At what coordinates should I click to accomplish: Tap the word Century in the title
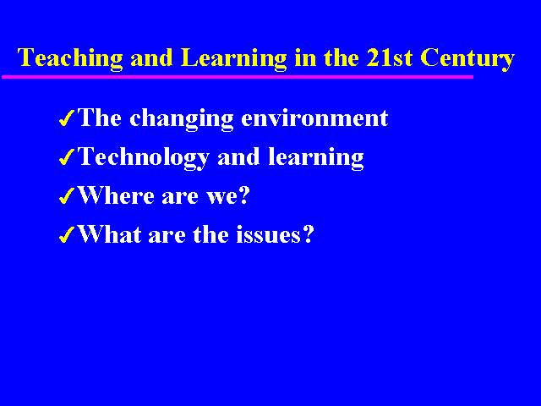(467, 58)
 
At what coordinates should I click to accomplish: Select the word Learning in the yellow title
(233, 58)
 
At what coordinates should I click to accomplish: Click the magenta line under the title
(238, 77)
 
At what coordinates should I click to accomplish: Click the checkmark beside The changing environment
(67, 118)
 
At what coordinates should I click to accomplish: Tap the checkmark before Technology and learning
(67, 157)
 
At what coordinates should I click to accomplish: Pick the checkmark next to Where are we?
(67, 196)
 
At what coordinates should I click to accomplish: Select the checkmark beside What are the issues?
(67, 235)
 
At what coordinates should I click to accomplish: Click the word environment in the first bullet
(314, 118)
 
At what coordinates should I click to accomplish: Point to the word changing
(182, 119)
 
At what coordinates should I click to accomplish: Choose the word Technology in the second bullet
(144, 158)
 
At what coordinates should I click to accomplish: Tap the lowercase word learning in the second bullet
(316, 158)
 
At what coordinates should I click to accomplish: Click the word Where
(117, 195)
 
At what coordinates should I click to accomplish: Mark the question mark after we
(243, 195)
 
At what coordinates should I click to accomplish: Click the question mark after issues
(308, 234)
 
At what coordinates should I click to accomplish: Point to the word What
(110, 234)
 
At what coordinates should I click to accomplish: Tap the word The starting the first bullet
(100, 118)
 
